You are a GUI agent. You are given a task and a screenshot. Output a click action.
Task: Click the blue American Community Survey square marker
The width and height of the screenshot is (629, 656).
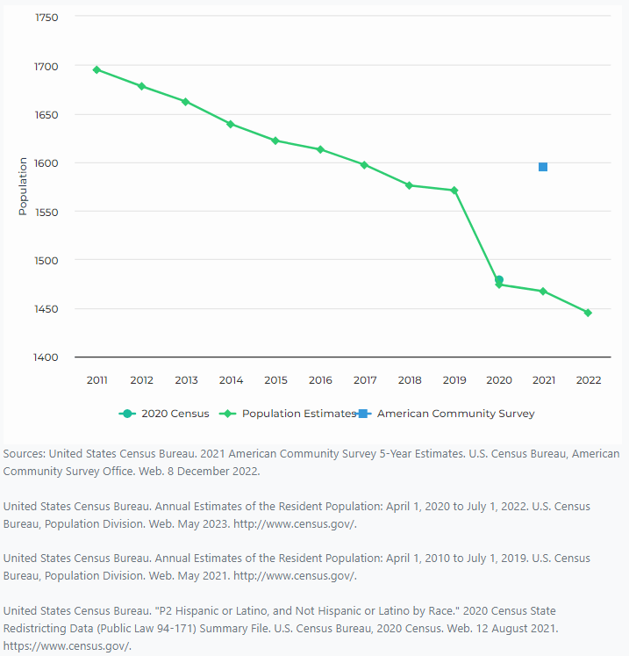coord(543,167)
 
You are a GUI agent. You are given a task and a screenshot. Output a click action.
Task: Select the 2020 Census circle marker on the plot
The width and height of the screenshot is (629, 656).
coord(499,280)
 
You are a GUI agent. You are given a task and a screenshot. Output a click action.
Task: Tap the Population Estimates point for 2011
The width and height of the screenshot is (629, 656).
coord(96,69)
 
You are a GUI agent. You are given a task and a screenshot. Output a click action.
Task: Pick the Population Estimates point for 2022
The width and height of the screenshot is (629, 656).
coord(588,313)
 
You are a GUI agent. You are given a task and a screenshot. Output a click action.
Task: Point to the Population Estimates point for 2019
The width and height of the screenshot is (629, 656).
coord(454,191)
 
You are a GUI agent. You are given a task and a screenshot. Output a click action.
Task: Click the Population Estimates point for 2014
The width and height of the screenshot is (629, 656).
coord(231,124)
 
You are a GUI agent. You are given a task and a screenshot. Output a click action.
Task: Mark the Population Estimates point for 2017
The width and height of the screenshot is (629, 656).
coord(364,164)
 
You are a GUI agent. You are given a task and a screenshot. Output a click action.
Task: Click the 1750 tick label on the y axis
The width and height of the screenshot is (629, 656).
coord(46,18)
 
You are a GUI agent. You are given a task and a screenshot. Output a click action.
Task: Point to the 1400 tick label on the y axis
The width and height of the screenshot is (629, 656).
coord(46,357)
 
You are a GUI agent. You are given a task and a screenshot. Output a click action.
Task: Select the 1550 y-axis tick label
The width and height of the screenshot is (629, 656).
coord(46,212)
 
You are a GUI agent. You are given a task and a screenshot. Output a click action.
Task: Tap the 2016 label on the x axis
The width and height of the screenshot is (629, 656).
coord(320,380)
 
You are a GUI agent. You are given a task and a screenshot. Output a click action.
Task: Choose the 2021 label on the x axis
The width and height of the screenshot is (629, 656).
coord(543,380)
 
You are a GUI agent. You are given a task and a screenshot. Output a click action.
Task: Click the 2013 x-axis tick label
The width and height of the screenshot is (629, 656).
coord(186,380)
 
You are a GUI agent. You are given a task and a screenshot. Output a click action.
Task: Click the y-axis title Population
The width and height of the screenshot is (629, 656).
coord(23,186)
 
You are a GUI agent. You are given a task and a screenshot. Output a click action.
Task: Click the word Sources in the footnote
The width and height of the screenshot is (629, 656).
coord(24,454)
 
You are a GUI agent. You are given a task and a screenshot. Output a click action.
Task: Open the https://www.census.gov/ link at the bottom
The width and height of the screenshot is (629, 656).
coord(67,646)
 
